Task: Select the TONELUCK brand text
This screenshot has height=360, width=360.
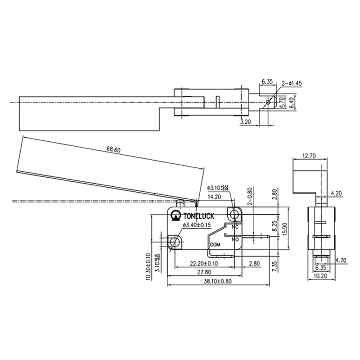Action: pos(201,216)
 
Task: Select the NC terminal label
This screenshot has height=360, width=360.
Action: pos(234,227)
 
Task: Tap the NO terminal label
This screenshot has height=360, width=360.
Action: pos(234,239)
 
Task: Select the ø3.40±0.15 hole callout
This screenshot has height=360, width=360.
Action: pos(197,225)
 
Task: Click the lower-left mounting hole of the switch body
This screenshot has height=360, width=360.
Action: pos(175,243)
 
